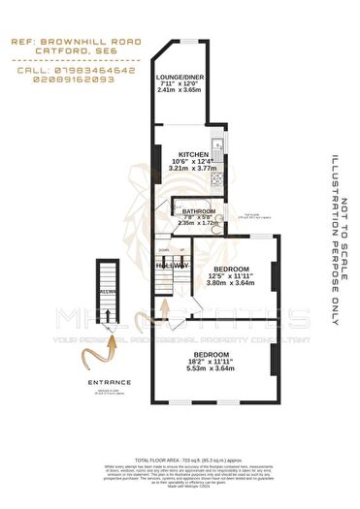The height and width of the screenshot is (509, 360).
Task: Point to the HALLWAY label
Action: (x=174, y=266)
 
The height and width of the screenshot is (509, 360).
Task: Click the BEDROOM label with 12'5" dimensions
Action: (x=231, y=268)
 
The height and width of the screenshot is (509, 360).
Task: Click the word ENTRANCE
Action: (x=108, y=383)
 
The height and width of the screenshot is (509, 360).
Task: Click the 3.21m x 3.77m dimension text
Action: (x=190, y=169)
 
